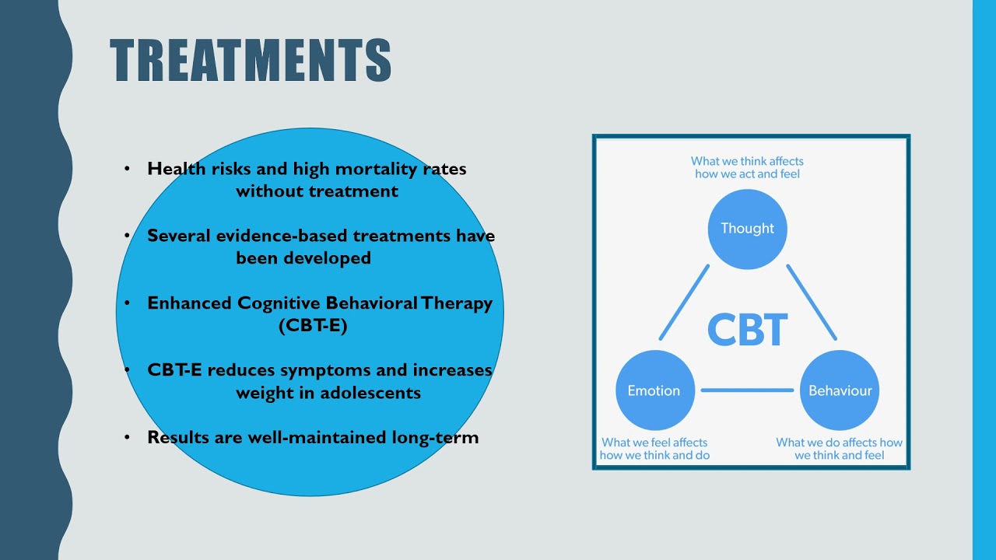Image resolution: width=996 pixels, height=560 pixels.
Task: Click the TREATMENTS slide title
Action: click(250, 61)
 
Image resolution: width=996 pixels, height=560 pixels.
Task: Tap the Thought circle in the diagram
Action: click(747, 229)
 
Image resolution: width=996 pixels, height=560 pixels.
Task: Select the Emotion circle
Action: click(654, 390)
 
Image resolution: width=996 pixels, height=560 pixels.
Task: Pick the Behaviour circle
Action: click(840, 390)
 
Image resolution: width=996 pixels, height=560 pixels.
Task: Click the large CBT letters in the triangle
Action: click(747, 330)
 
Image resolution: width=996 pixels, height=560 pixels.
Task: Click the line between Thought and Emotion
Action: click(685, 303)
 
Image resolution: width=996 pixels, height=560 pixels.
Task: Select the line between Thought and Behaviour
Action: click(811, 303)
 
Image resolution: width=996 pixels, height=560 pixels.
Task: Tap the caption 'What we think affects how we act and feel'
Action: click(747, 167)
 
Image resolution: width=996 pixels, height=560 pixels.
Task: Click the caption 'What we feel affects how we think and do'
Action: click(654, 449)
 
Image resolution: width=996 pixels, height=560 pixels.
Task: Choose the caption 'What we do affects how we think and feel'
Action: click(839, 449)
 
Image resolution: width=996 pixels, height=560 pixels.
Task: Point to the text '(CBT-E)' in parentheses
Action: click(313, 325)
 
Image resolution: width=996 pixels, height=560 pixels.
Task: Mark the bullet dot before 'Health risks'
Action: click(127, 169)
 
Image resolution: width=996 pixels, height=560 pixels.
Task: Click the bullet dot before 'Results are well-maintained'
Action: click(127, 437)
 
